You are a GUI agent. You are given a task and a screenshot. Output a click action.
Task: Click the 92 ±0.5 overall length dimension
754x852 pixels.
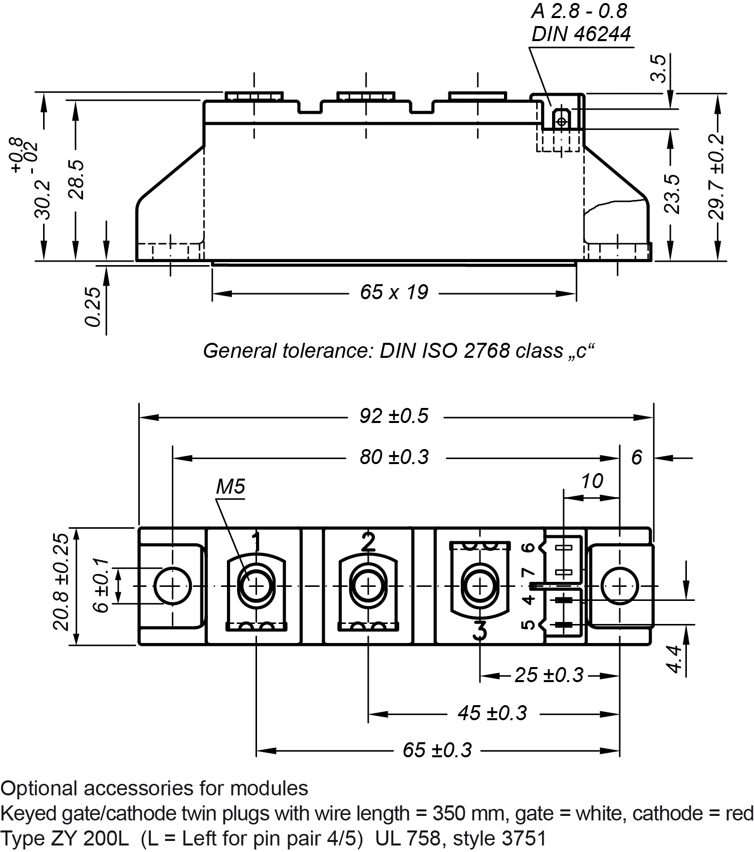394,416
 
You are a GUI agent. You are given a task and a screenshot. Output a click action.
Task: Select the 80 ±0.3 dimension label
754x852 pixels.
394,457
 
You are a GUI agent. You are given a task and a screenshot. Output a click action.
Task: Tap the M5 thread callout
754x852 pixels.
230,486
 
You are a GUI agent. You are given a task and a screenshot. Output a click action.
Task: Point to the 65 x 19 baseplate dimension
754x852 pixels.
394,292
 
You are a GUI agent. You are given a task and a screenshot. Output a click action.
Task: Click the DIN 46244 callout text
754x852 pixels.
581,34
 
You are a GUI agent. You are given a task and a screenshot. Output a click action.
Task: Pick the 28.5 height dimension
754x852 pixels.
77,180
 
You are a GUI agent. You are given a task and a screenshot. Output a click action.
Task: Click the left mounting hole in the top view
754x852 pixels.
172,586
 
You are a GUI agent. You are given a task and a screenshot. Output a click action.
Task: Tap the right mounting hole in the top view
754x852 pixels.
620,586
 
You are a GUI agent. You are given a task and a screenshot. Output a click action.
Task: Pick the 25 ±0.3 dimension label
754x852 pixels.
549,675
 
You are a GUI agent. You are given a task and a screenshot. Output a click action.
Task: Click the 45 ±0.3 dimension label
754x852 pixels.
492,713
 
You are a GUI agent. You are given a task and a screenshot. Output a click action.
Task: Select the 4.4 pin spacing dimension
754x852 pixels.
675,660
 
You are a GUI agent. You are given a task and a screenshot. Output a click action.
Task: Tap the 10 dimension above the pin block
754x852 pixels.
592,481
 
